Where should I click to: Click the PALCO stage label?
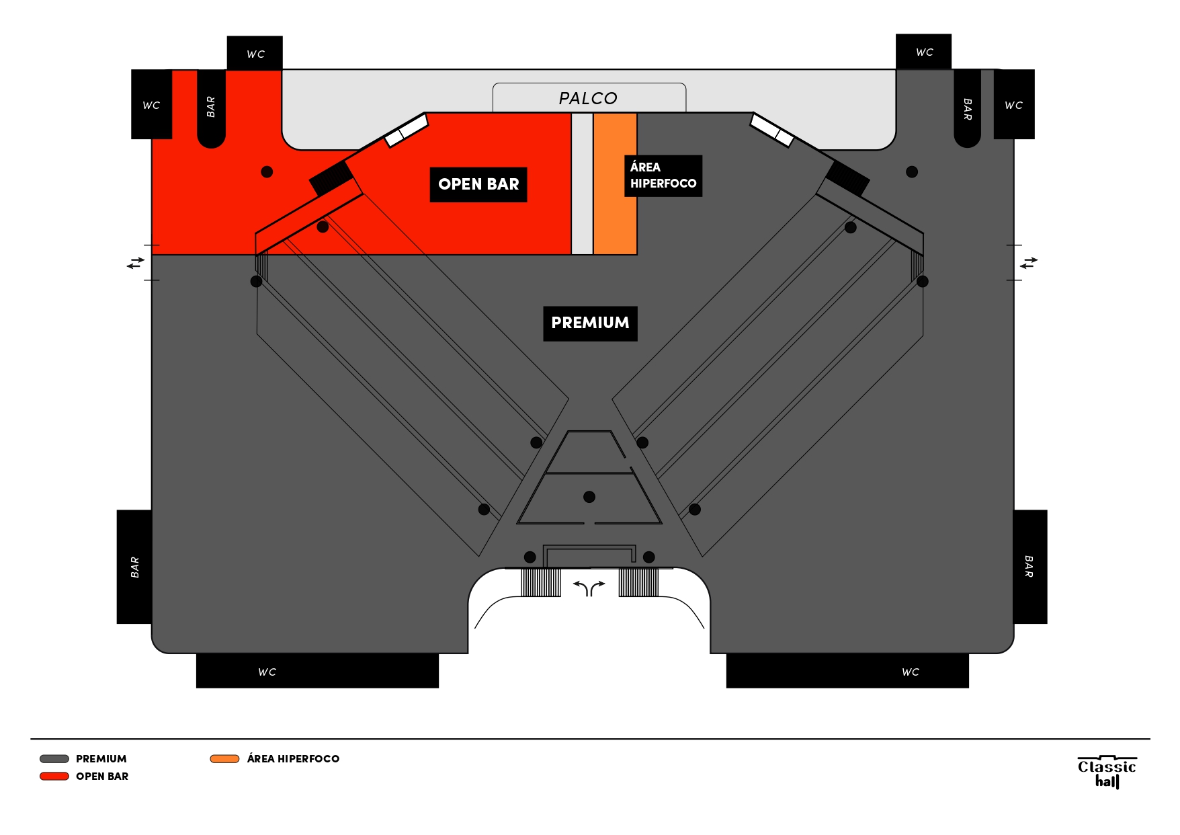tap(588, 98)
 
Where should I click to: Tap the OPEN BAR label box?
tap(478, 184)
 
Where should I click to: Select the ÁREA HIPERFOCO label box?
tap(663, 175)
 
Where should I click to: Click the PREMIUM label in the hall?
tap(590, 323)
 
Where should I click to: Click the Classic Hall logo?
tap(1106, 772)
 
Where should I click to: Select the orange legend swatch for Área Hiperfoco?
tap(224, 758)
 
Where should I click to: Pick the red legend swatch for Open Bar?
tap(54, 776)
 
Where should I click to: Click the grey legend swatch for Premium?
tap(54, 758)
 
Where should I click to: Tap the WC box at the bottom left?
tap(317, 671)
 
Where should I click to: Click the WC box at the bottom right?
tap(847, 671)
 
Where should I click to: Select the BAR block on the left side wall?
tap(134, 567)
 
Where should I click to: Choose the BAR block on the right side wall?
tap(1029, 567)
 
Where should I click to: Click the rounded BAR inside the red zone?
tap(211, 108)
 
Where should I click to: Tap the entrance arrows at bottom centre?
tap(589, 588)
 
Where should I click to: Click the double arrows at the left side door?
tap(136, 263)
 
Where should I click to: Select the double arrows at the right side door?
tap(1028, 262)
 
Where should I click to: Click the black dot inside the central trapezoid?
tap(589, 497)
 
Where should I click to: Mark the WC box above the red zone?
tap(255, 53)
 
